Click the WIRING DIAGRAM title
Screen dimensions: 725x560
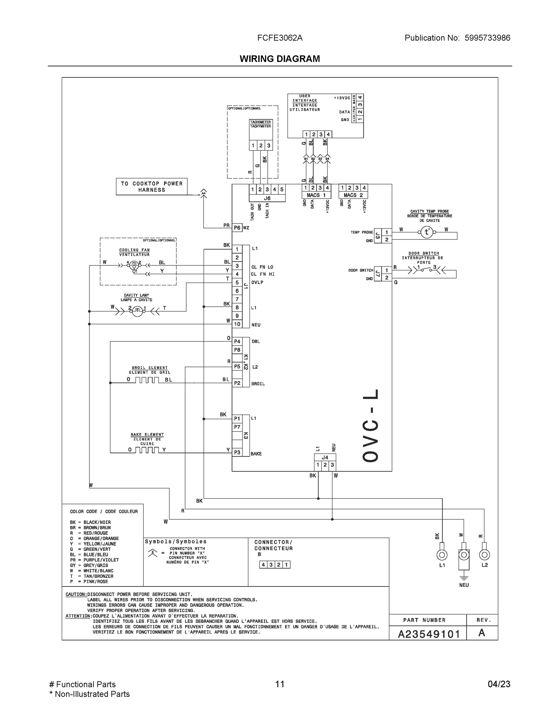[280, 59]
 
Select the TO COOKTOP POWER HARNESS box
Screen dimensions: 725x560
[152, 187]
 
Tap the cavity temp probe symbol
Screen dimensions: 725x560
[427, 232]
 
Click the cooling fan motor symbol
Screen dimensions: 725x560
[134, 265]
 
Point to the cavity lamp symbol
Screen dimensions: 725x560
[137, 311]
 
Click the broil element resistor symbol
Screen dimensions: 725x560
[147, 380]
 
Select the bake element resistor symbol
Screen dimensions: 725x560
[147, 450]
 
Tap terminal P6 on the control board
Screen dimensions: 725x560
[237, 228]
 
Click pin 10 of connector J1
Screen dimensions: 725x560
[237, 324]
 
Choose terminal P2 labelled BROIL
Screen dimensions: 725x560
[237, 383]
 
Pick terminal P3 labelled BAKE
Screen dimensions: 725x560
[237, 452]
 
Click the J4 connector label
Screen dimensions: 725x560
[325, 457]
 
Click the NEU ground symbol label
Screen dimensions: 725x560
[464, 585]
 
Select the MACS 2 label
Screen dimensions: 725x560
[353, 195]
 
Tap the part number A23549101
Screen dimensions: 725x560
[429, 634]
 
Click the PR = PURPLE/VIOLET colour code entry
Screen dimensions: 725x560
[94, 560]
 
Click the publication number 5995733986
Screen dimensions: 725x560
[487, 38]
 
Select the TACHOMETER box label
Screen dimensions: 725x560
[261, 122]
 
